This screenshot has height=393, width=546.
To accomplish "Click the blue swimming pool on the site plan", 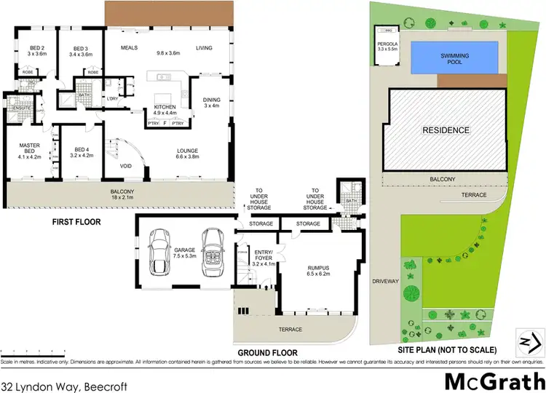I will (456, 57).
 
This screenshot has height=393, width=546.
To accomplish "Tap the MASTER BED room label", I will (29, 150).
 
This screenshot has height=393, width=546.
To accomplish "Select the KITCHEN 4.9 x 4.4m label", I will (165, 110).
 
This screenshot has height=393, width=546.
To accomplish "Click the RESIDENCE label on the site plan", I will (446, 130).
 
